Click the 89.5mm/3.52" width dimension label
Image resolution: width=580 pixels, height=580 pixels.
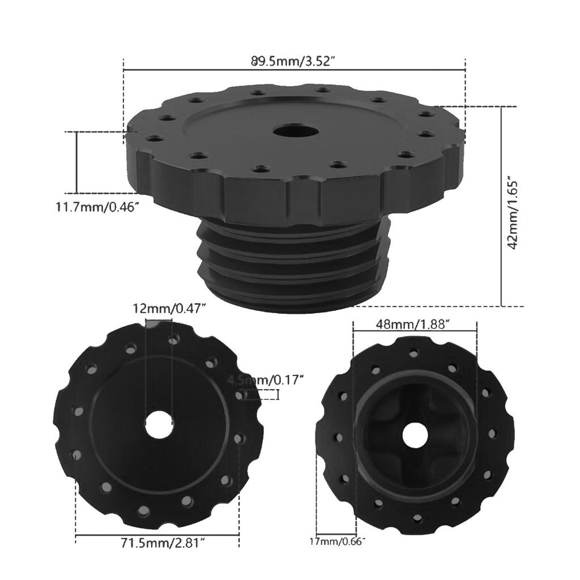coord(294,61)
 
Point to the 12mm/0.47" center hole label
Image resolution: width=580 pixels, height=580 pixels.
coord(169,309)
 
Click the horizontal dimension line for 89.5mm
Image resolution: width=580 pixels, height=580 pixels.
coord(294,70)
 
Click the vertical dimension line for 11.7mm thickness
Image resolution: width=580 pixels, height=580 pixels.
coord(76,162)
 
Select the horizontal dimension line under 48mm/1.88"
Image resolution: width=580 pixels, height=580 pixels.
coord(415,332)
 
